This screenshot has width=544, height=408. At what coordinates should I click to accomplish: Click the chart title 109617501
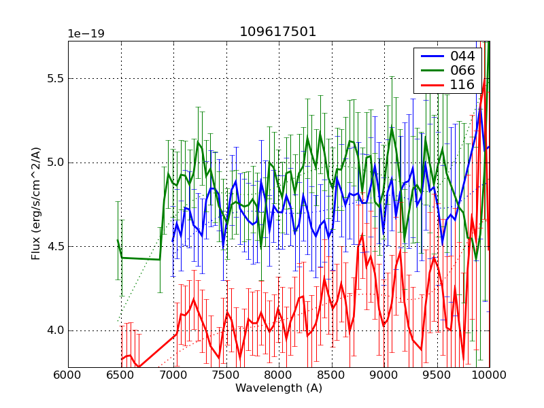(x=277, y=32)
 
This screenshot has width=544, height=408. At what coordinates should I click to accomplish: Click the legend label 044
(x=462, y=56)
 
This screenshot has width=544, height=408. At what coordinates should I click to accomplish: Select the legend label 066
(x=462, y=71)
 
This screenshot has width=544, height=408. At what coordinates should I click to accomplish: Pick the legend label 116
(x=462, y=85)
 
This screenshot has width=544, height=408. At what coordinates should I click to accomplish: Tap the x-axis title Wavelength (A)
(x=279, y=388)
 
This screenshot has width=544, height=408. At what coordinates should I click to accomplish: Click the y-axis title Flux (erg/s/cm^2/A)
(x=36, y=204)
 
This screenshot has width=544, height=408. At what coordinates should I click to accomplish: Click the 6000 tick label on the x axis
(x=68, y=375)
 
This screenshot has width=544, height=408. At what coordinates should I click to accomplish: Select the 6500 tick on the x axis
(x=121, y=375)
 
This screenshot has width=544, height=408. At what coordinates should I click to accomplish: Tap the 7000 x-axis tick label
(x=173, y=375)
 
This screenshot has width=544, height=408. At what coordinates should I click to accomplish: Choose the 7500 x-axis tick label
(x=226, y=375)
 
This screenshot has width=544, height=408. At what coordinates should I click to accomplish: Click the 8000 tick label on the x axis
(x=279, y=375)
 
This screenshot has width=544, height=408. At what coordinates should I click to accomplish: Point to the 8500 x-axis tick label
(x=332, y=375)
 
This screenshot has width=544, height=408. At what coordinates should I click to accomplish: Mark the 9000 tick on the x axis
(x=384, y=375)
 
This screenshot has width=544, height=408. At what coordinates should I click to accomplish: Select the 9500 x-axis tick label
(x=437, y=375)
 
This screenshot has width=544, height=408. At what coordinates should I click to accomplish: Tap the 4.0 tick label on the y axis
(x=54, y=331)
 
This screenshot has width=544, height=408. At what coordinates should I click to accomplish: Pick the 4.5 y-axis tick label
(x=54, y=247)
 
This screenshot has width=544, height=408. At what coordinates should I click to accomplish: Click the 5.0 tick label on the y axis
(x=54, y=163)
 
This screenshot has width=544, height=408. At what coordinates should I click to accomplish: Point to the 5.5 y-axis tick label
(x=54, y=79)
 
